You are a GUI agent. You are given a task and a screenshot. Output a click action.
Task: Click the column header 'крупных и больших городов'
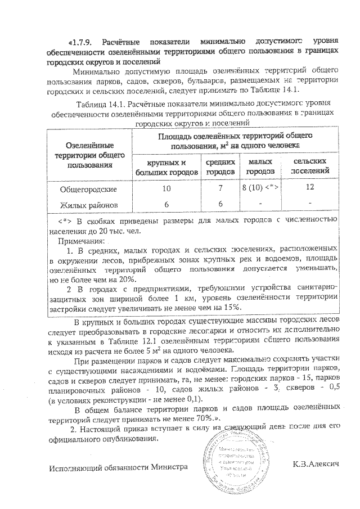166,166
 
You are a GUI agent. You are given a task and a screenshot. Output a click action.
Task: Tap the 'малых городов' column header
260,166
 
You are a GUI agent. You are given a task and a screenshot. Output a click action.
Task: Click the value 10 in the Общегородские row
166,188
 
